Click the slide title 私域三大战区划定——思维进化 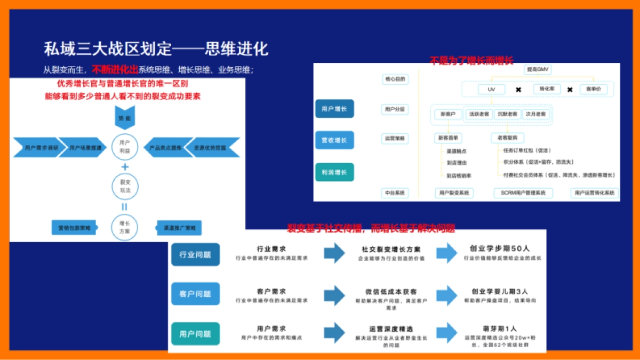tap(156, 49)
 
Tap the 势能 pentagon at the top tap(124, 118)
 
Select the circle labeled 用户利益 tap(125, 146)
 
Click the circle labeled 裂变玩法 tap(125, 186)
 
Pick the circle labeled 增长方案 tap(125, 227)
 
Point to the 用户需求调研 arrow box tap(37, 147)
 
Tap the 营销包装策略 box tap(75, 228)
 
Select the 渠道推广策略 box tap(179, 228)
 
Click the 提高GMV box tap(537, 70)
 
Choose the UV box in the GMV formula tap(492, 89)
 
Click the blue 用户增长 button tap(334, 108)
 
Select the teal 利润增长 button tap(334, 172)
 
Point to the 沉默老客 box tap(506, 114)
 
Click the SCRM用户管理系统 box tap(519, 193)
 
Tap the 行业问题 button tap(195, 254)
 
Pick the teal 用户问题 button tap(195, 334)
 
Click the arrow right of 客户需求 tap(334, 294)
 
